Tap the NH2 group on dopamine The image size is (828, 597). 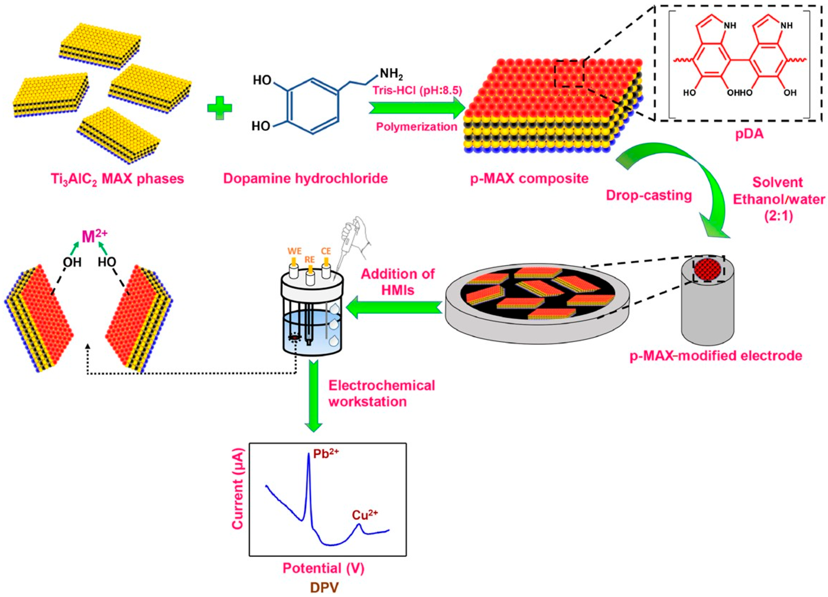click(x=391, y=74)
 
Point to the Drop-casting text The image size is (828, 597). click(x=649, y=196)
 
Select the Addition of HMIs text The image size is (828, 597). click(x=398, y=282)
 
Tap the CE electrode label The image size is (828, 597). click(x=326, y=251)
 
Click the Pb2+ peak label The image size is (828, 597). click(x=326, y=456)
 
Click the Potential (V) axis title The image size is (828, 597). click(x=323, y=568)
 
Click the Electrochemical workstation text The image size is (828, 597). click(x=382, y=393)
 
